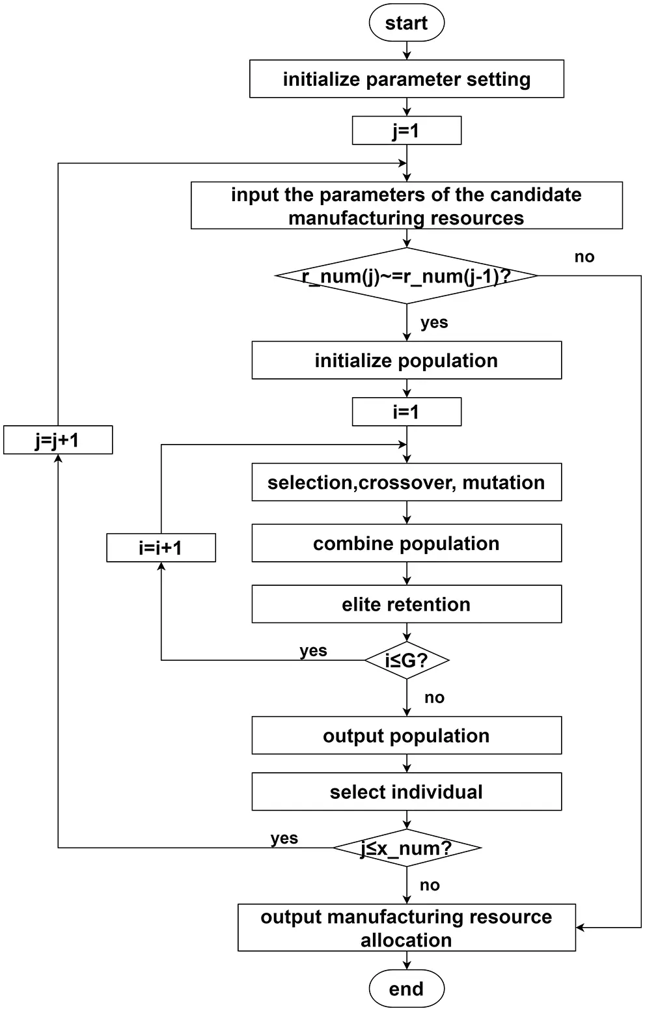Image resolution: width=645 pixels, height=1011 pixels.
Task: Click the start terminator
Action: click(406, 23)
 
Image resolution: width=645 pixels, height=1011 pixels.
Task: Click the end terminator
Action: click(406, 989)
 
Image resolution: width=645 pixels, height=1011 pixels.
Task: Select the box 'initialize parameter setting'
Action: click(406, 79)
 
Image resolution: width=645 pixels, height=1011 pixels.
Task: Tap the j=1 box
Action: click(406, 131)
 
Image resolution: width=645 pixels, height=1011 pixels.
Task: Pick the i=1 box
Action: click(406, 412)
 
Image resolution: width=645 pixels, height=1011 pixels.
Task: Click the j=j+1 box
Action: click(58, 440)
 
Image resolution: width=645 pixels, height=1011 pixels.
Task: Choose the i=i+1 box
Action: click(161, 547)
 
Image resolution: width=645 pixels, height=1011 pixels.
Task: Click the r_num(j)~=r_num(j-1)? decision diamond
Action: click(406, 276)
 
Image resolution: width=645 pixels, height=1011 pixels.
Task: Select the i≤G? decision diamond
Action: click(406, 661)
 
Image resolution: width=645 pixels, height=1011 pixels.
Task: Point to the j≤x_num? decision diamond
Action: click(406, 848)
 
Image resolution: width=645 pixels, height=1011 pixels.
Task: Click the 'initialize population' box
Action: click(406, 361)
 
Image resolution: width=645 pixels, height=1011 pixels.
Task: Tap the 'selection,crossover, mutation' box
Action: click(406, 482)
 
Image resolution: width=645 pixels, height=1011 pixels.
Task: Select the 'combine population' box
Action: click(406, 544)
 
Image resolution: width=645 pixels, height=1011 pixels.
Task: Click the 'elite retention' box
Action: click(406, 604)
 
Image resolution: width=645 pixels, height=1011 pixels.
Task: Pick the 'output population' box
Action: click(406, 736)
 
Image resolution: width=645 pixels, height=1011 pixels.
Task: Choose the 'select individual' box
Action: click(406, 792)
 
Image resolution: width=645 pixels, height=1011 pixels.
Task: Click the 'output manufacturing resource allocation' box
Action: click(406, 928)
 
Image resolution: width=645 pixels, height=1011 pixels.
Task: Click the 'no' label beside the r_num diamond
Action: click(584, 257)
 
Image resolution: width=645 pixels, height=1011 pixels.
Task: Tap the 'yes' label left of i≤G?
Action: click(313, 650)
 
